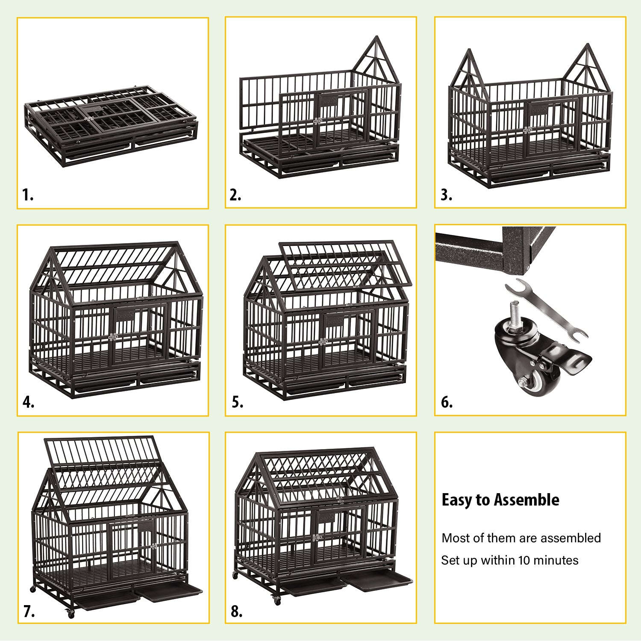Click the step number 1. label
(28, 195)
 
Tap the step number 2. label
(235, 195)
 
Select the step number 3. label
(446, 195)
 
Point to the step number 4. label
(28, 403)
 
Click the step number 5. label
(238, 403)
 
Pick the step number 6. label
(447, 403)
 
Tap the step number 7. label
(29, 612)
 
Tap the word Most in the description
(454, 538)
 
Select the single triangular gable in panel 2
(376, 60)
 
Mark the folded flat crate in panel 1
(111, 126)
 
